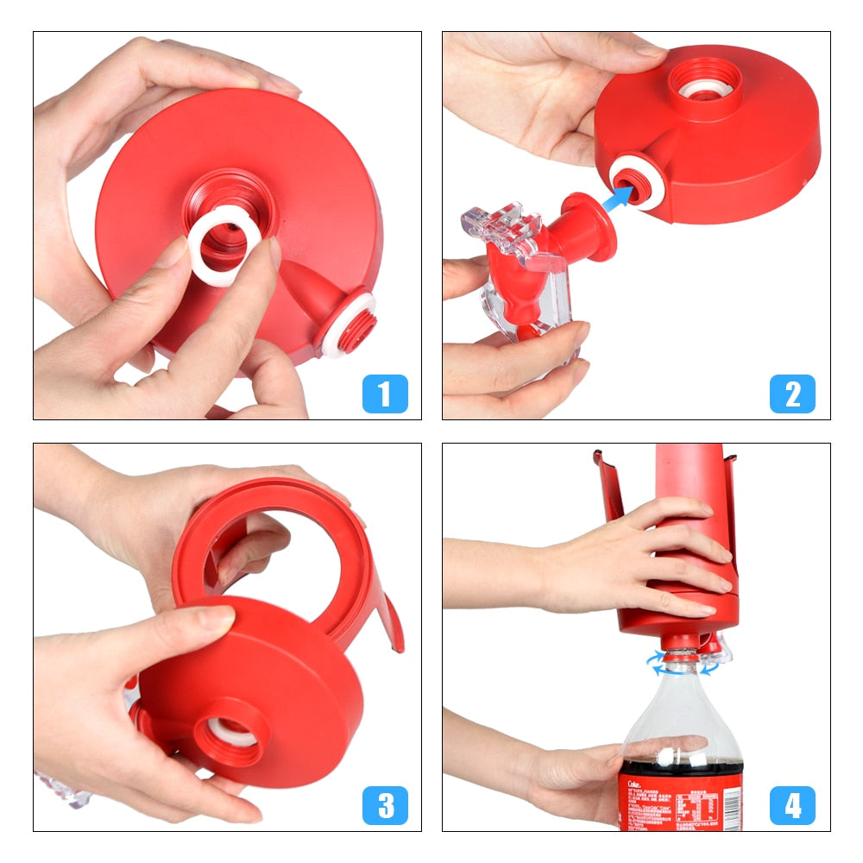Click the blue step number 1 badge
(x=385, y=394)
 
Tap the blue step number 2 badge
(x=792, y=394)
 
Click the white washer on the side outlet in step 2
(x=637, y=181)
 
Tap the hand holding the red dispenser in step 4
(x=639, y=561)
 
